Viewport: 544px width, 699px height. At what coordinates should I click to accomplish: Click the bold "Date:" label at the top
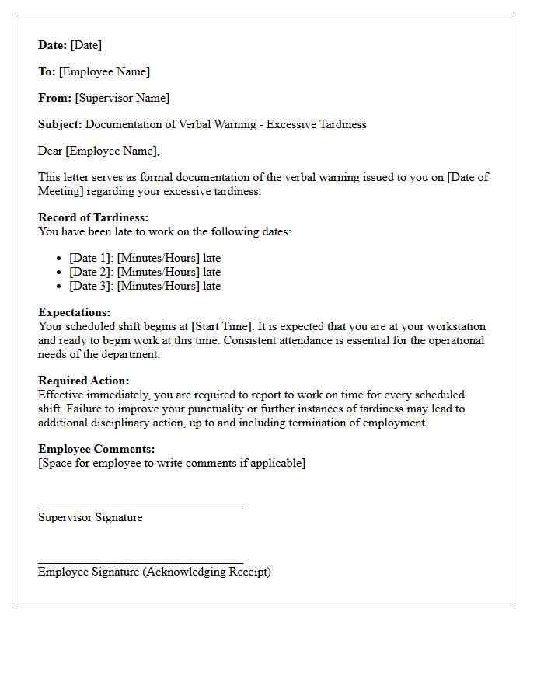coord(53,45)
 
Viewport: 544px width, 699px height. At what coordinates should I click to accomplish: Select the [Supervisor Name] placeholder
coord(122,98)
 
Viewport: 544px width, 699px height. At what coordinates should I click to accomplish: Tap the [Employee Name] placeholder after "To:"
coord(104,71)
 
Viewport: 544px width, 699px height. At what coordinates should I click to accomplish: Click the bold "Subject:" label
coord(60,124)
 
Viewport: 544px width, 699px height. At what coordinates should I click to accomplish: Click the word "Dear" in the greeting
coord(51,151)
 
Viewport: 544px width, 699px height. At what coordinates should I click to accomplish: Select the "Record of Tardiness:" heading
coord(93,217)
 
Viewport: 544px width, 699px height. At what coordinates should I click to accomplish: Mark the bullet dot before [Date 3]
coord(61,287)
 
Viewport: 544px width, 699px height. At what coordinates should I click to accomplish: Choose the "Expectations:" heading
coord(74,312)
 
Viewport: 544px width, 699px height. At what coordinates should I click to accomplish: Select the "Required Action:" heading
coord(84,381)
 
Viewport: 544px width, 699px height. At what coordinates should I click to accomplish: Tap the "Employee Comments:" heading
coord(96,449)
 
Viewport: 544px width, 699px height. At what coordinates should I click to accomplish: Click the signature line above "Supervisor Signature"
coord(140,509)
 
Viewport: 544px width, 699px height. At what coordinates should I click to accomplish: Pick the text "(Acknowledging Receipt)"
coord(207,572)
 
